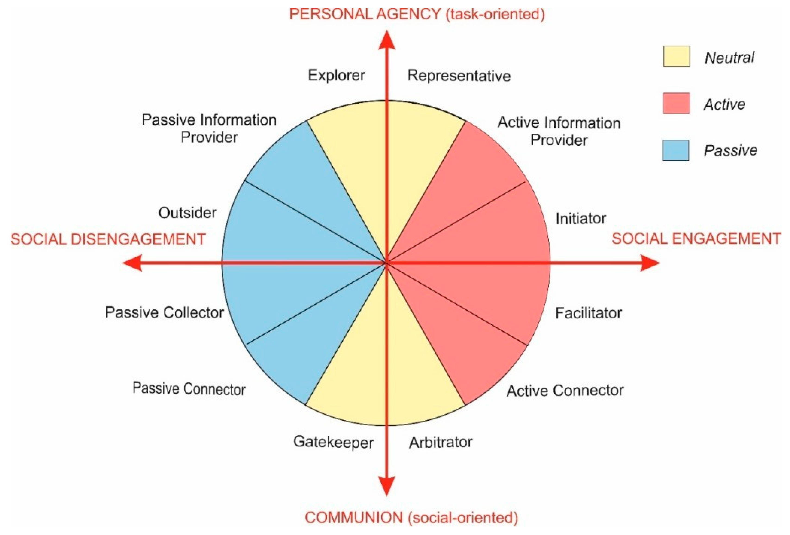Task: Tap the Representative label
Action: [459, 76]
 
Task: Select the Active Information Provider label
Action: [559, 131]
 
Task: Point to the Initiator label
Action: [581, 219]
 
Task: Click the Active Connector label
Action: [565, 391]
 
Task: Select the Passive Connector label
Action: [189, 389]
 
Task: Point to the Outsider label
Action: [187, 213]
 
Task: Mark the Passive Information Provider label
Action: [209, 129]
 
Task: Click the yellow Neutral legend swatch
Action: [677, 56]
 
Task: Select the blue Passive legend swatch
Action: [676, 150]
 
